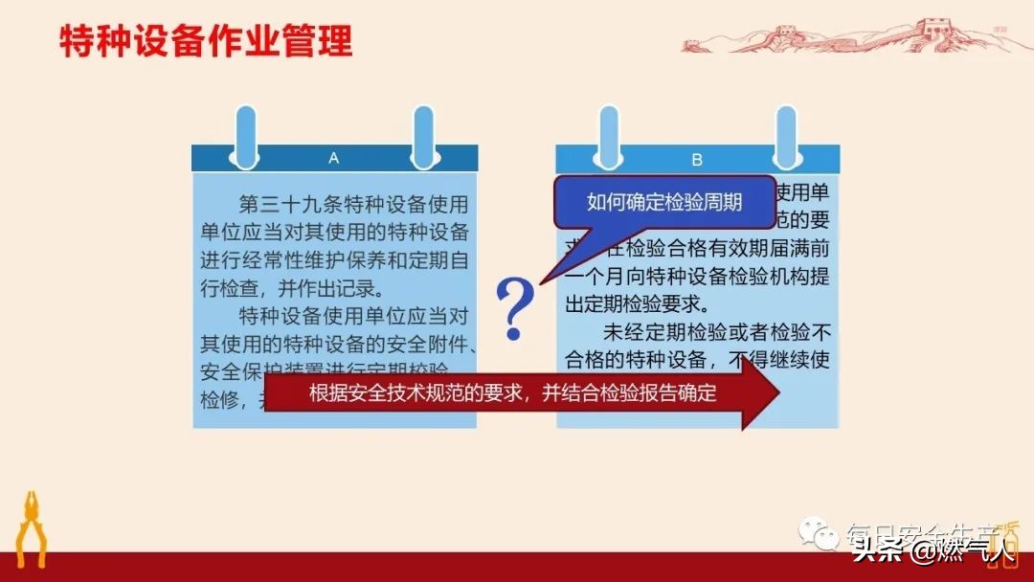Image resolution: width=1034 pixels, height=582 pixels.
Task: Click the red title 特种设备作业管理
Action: pos(206,42)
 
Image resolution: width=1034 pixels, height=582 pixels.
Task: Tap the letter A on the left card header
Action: pos(333,158)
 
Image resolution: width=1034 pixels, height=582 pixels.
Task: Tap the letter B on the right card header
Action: pos(697,159)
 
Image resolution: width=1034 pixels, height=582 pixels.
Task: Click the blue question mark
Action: pos(515,308)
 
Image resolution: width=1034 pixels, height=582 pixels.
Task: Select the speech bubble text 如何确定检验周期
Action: pos(664,202)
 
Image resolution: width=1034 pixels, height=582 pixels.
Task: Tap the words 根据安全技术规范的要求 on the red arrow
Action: pos(416,394)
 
